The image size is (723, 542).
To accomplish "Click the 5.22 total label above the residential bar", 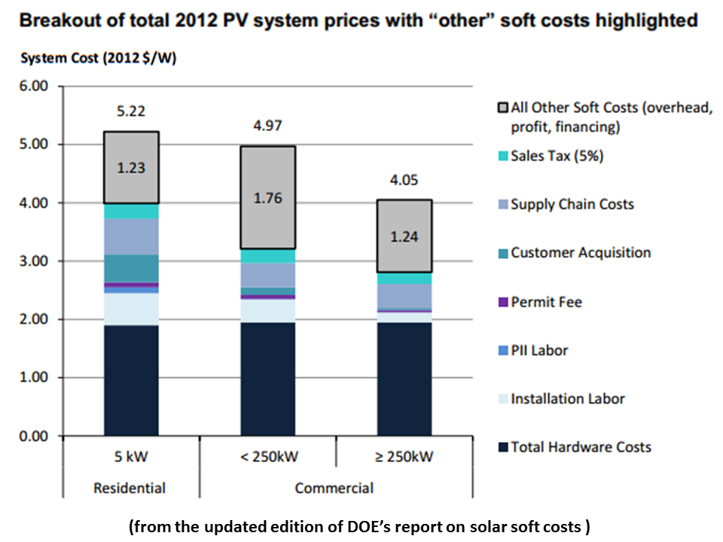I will pos(131,111).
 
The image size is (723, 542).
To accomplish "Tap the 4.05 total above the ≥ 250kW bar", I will pos(404,180).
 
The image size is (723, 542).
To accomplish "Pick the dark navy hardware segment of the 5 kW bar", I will pos(131,380).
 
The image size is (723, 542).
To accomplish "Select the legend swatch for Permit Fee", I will pos(501,303).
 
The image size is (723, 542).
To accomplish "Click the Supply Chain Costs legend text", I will pos(572,204).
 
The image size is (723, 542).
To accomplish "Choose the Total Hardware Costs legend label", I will pos(581,447).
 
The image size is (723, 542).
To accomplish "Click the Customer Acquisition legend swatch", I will pos(501,254).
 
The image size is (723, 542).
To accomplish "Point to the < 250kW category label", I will pos(267,457).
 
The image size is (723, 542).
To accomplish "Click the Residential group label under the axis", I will pos(130,489).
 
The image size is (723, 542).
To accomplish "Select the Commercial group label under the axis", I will pos(334,489).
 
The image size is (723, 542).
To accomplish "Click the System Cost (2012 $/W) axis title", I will pos(99,59).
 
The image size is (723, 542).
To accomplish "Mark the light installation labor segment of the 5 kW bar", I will pos(131,309).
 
